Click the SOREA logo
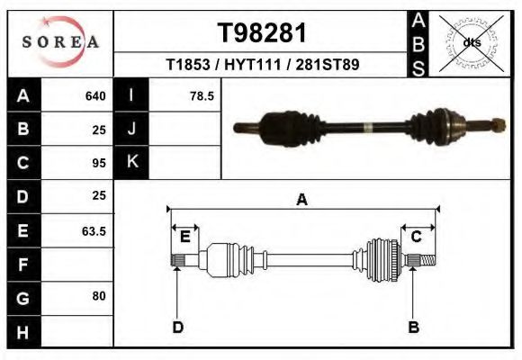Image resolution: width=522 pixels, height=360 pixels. (x=59, y=42)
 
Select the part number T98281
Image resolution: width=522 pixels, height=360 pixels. (x=262, y=33)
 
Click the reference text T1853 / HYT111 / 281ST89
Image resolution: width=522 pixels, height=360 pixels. (x=263, y=66)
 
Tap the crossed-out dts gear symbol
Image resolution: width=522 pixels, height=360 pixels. (x=472, y=42)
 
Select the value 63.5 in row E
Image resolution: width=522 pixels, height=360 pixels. (x=94, y=231)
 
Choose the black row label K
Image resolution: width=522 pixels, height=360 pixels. (x=131, y=162)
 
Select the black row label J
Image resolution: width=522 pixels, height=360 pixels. (x=131, y=129)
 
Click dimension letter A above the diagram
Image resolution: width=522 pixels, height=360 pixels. (x=301, y=200)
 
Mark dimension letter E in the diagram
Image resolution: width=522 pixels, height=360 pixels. (x=184, y=237)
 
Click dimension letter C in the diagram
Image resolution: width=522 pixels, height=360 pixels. (x=417, y=237)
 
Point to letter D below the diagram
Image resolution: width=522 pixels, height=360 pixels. (x=178, y=327)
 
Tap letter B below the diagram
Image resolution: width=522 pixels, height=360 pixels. (x=414, y=327)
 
